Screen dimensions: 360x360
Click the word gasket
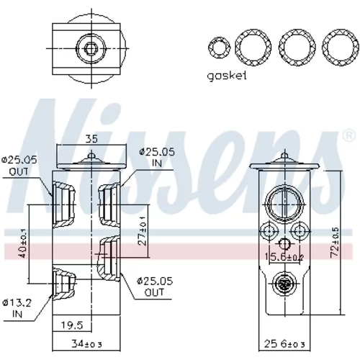227,76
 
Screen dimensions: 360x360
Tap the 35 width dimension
91,139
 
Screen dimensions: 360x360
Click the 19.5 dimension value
72,325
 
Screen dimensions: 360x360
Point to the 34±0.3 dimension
86,344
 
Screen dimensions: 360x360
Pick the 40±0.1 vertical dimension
23,243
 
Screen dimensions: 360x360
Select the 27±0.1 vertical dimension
143,230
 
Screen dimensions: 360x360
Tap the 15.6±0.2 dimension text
284,257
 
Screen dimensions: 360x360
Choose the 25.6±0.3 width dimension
284,344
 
